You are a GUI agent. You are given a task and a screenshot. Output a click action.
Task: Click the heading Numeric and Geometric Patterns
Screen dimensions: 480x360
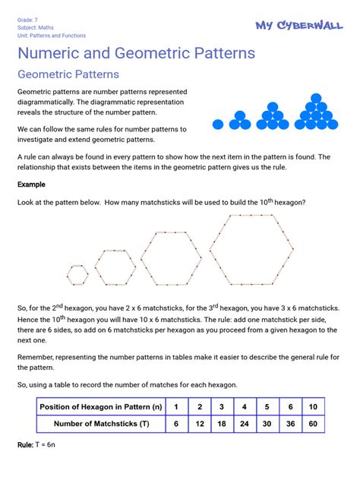point(136,54)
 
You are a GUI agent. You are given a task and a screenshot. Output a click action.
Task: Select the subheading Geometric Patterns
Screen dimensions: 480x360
point(68,74)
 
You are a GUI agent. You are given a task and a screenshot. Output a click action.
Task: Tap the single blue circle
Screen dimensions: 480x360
point(219,123)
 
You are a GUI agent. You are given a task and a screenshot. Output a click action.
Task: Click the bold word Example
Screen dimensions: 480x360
point(32,185)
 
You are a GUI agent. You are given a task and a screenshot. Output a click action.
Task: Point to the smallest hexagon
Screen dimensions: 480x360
point(77,274)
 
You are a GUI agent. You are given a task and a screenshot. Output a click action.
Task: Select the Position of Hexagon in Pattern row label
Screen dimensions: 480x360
point(101,407)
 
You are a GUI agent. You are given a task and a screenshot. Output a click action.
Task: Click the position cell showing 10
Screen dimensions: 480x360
point(312,407)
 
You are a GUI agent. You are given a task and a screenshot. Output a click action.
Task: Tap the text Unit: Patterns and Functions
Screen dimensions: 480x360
point(51,35)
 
